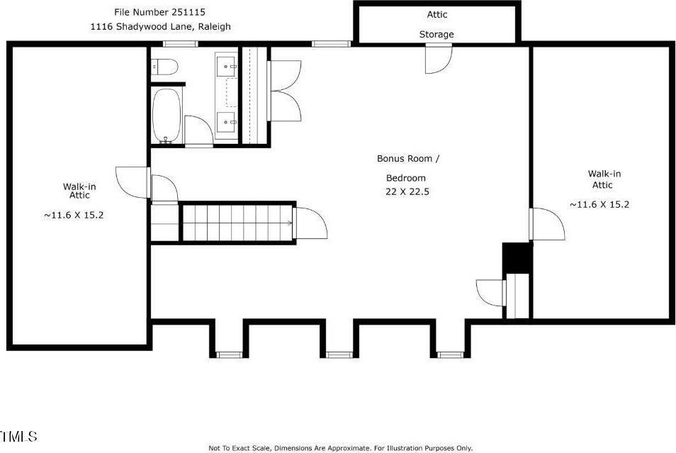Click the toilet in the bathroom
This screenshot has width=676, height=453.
[164, 67]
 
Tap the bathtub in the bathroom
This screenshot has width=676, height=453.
[168, 116]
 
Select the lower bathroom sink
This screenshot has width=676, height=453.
[227, 122]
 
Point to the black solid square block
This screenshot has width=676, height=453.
[517, 258]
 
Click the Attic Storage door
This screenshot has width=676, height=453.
[438, 59]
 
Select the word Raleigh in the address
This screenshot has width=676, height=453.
[214, 26]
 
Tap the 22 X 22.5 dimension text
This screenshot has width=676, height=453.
[407, 191]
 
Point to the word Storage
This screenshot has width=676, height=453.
[436, 34]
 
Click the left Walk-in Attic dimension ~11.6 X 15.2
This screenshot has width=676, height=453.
[74, 215]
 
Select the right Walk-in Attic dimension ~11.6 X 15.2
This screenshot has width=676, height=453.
[599, 204]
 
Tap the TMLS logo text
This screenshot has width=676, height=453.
[19, 437]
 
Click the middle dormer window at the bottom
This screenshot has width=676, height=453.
[339, 354]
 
